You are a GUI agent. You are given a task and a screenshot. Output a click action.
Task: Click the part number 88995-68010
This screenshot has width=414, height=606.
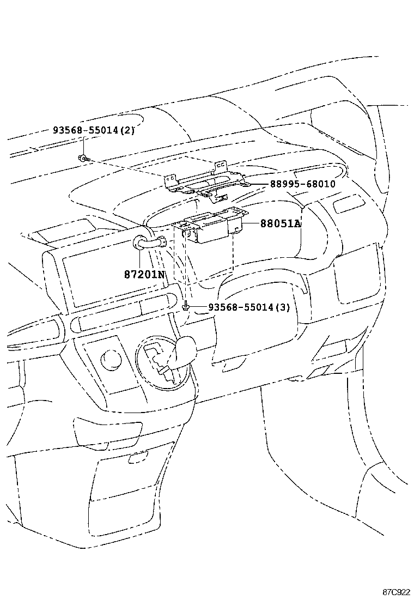click(x=302, y=184)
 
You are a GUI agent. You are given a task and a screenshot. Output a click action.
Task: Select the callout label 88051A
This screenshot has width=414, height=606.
click(x=281, y=224)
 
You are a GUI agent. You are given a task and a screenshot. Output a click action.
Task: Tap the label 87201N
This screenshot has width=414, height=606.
click(x=145, y=274)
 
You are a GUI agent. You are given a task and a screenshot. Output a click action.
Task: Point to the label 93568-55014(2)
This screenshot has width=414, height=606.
click(x=94, y=131)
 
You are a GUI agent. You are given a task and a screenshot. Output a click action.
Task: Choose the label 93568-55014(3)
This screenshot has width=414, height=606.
click(x=249, y=307)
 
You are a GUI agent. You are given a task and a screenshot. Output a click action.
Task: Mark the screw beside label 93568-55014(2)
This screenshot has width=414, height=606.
click(x=83, y=158)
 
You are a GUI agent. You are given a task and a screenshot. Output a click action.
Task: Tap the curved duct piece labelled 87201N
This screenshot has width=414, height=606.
click(x=147, y=243)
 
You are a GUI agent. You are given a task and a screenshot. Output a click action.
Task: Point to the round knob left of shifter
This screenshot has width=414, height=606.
click(x=112, y=359)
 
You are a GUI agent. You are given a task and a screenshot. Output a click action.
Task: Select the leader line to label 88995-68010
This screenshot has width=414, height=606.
click(x=256, y=184)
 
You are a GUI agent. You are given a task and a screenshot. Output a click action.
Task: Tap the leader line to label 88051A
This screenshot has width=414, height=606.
click(x=251, y=224)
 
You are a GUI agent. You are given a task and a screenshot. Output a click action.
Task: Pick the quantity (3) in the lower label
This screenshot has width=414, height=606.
click(x=283, y=307)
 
